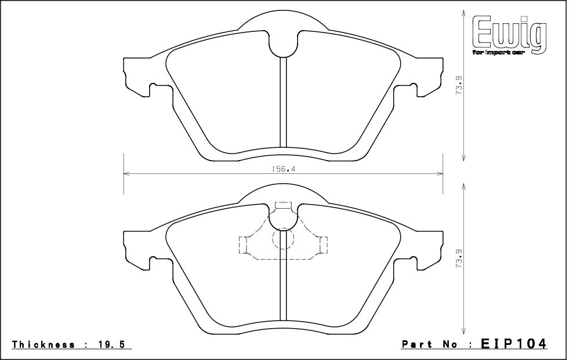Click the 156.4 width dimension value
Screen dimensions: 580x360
point(283,169)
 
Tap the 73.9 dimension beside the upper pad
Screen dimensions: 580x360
point(459,85)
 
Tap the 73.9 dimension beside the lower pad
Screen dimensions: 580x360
point(459,259)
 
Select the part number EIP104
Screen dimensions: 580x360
point(514,344)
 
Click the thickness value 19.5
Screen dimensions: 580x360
point(113,345)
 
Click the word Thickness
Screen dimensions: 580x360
point(43,345)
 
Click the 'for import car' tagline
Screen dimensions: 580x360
point(498,53)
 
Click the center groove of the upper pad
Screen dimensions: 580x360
point(283,103)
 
